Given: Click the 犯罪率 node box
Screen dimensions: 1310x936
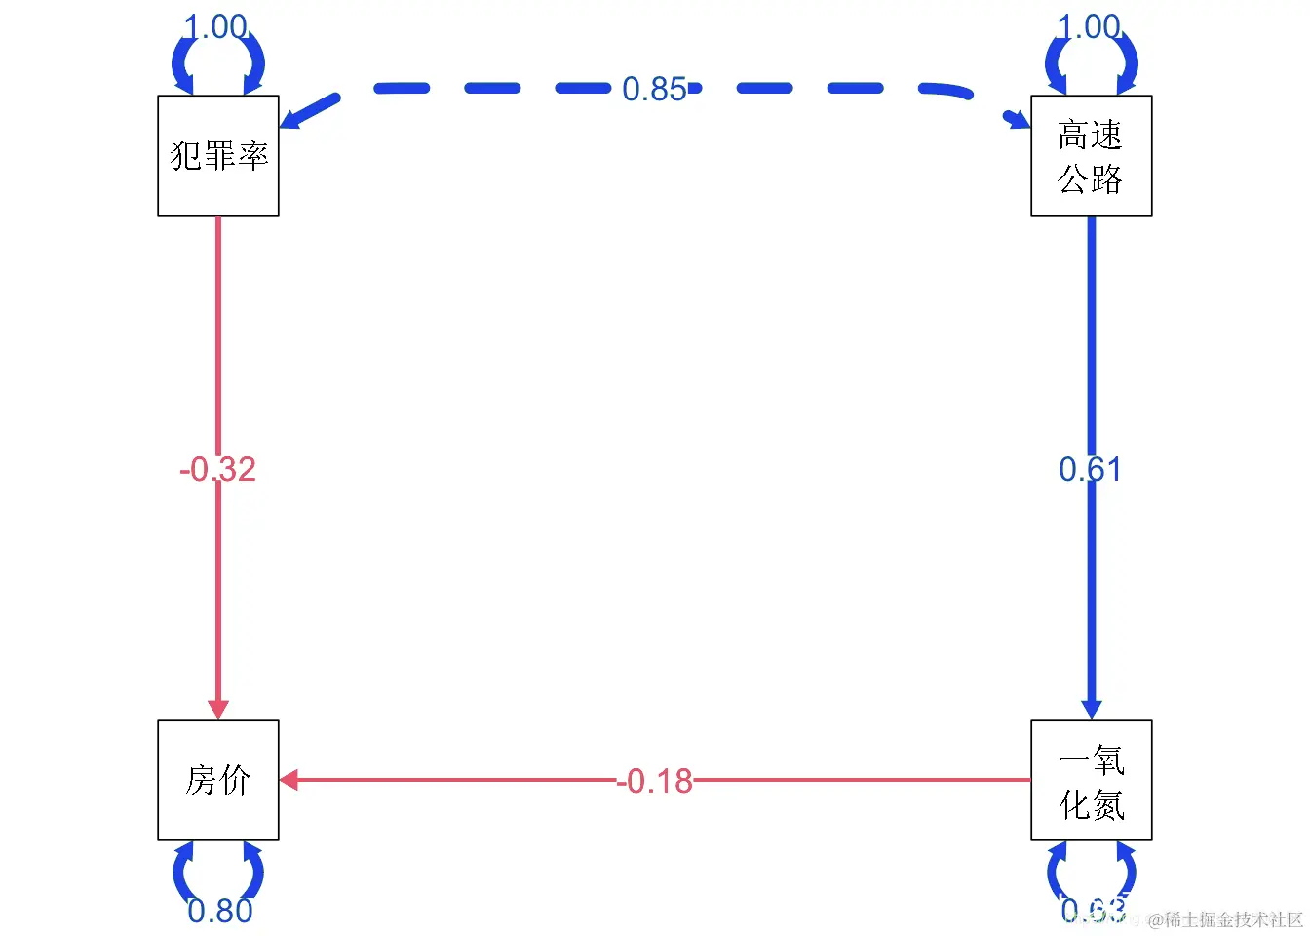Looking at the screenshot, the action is (218, 156).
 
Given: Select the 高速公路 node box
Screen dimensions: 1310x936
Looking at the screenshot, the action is (1092, 156).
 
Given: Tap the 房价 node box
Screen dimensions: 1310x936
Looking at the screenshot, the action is (218, 780).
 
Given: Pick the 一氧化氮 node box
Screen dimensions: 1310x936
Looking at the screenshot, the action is (1092, 780).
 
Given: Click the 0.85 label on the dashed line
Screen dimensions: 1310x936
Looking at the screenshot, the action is (654, 90).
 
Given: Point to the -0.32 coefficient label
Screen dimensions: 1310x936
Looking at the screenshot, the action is (217, 469).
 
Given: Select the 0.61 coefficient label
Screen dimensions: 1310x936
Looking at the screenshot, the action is (1091, 469).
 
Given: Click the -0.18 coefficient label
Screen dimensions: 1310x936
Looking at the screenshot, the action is (655, 781).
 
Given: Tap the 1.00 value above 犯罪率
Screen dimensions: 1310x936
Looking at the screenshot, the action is (216, 26).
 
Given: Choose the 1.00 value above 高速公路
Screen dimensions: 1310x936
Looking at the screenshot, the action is (1090, 26).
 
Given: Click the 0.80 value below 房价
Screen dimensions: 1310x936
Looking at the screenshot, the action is (220, 911).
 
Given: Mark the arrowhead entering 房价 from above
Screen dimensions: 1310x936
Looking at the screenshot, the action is (218, 708).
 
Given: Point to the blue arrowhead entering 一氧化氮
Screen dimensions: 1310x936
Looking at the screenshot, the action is (1092, 708).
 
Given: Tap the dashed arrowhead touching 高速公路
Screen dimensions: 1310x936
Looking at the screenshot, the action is (1020, 120).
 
